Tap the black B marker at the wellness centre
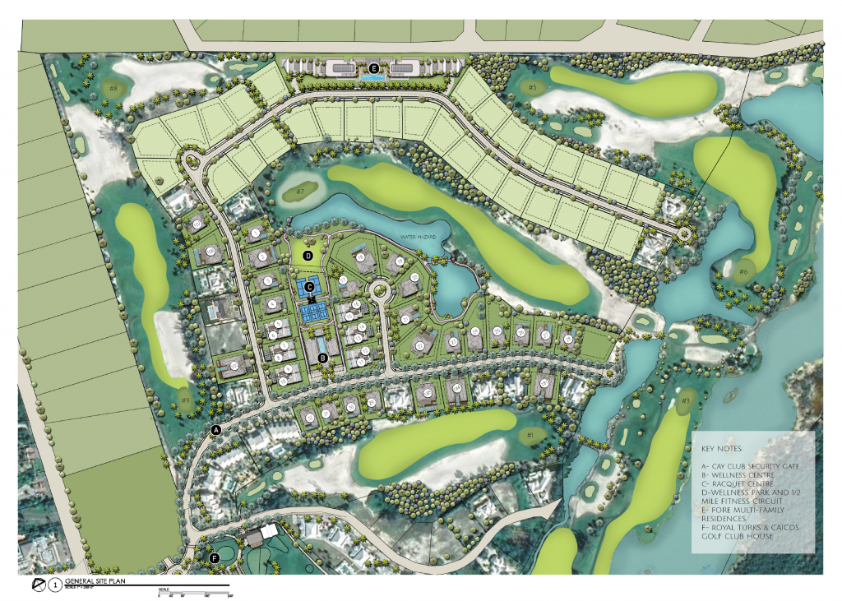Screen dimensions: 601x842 coord(323,358)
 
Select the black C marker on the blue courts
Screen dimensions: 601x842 coord(310,286)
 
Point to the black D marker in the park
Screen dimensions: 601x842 coord(308,256)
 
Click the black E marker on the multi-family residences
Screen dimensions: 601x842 coord(373,68)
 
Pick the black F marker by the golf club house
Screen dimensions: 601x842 coord(215,558)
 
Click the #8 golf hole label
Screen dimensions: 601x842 coord(113,87)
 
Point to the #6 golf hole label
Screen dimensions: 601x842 coord(743,272)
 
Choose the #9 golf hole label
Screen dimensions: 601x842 coord(186,400)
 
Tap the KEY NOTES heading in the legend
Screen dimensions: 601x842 coord(723,450)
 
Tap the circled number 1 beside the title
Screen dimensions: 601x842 coord(54,585)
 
